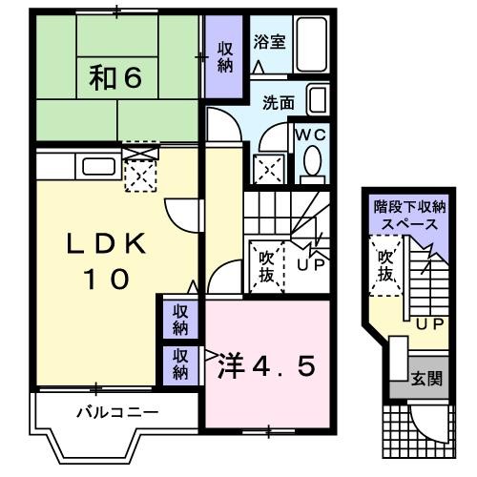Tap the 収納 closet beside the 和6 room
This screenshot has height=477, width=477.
pyautogui.click(x=224, y=58)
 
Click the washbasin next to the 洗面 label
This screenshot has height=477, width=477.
pyautogui.click(x=319, y=101)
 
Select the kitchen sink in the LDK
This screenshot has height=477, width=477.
pyautogui.click(x=97, y=166)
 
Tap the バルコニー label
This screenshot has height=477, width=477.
pyautogui.click(x=116, y=413)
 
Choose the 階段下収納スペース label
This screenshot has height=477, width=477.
pyautogui.click(x=407, y=215)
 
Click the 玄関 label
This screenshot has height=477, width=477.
pyautogui.click(x=427, y=379)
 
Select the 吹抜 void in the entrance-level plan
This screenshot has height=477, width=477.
pyautogui.click(x=385, y=265)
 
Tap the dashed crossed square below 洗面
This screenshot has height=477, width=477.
pyautogui.click(x=268, y=169)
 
